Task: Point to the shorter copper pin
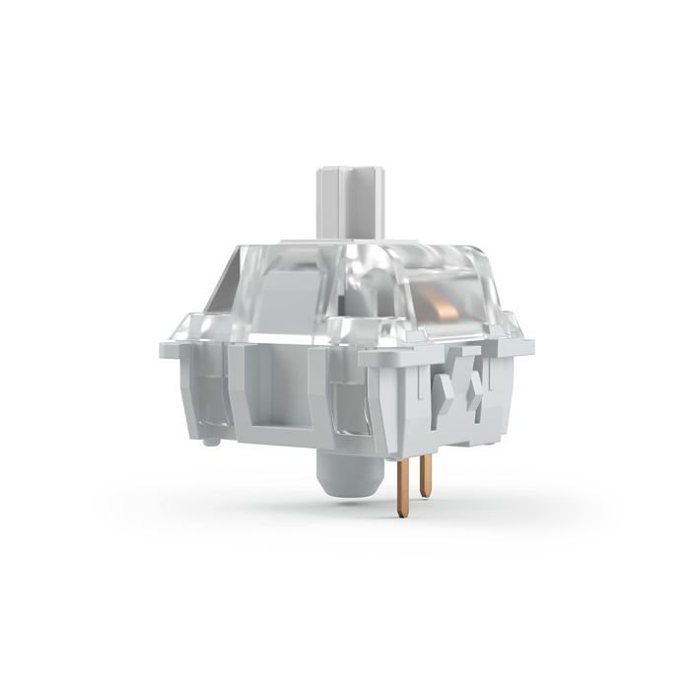coord(425,479)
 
